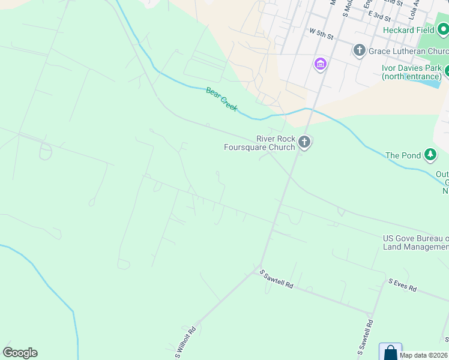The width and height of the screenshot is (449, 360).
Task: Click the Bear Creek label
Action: click(222, 99)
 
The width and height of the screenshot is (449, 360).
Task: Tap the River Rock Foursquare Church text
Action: click(259, 143)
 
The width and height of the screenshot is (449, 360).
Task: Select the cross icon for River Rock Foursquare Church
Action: click(304, 143)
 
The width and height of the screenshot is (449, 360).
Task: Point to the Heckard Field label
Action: click(408, 30)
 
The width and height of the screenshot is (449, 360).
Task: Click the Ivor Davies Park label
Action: click(412, 72)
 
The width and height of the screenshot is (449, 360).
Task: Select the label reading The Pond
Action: click(403, 156)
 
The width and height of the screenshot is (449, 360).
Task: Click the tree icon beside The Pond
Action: click(430, 155)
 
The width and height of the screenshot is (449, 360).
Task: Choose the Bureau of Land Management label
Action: click(416, 242)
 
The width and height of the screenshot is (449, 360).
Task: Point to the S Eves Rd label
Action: click(402, 284)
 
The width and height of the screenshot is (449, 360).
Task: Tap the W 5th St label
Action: click(321, 33)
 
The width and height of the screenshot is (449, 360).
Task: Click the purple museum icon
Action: click(321, 64)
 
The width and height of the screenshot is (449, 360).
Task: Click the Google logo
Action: click(20, 353)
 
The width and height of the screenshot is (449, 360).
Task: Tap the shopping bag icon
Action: click(390, 352)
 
